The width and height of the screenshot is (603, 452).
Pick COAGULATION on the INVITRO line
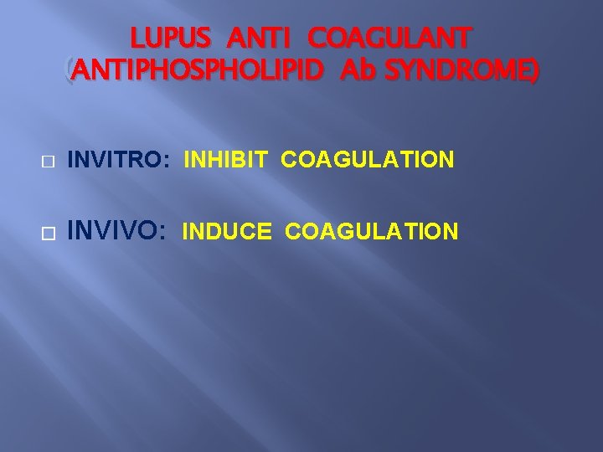[x=368, y=159]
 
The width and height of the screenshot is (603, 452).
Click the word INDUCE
[x=226, y=231]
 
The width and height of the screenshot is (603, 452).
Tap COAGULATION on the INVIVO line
[x=372, y=231]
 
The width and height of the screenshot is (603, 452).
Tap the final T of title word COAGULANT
[x=464, y=39]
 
